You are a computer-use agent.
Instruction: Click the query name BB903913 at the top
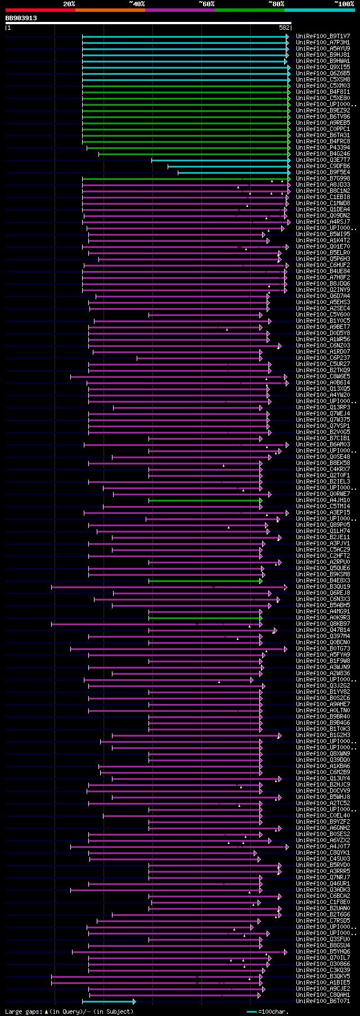pos(21,18)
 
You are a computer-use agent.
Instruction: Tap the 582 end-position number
pos(284,28)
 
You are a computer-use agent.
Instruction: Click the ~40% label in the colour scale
pos(137,4)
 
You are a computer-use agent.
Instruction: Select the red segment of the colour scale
pos(40,10)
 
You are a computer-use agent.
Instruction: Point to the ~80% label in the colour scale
pos(276,4)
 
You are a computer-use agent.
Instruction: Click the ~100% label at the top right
pos(344,4)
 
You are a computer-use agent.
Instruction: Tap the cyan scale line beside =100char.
pos(251,1012)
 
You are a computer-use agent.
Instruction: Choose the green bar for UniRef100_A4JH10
pos(204,500)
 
